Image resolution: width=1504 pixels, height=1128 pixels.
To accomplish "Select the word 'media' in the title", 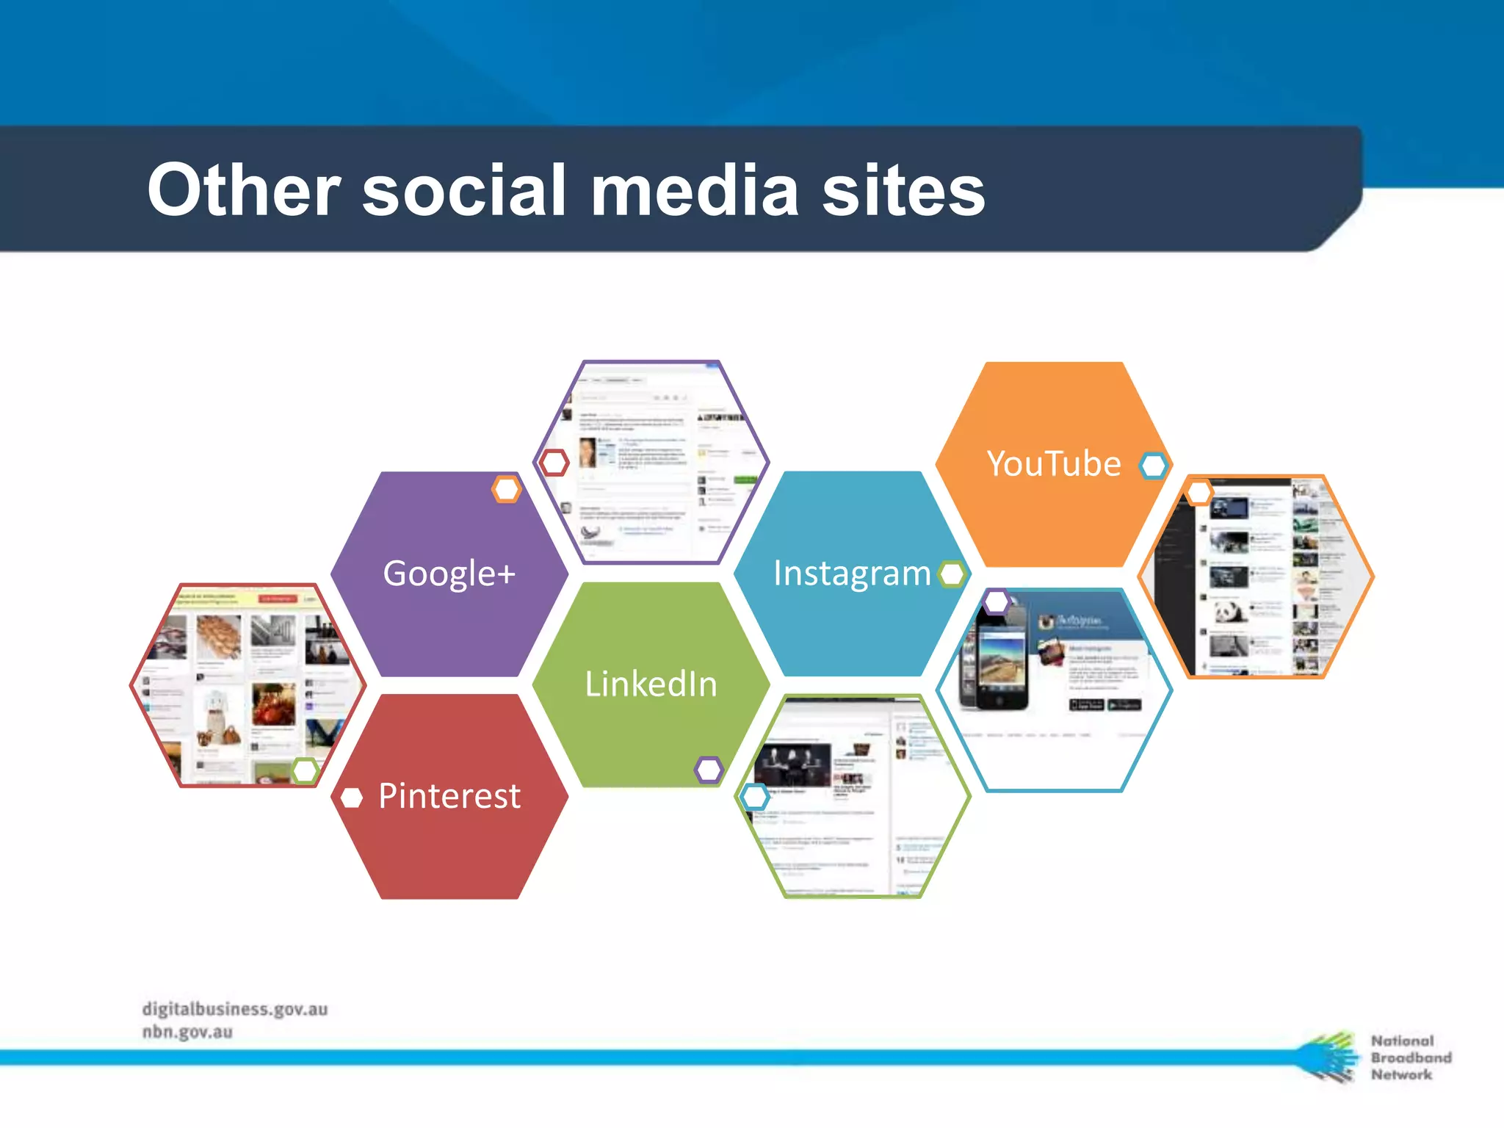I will coord(694,191).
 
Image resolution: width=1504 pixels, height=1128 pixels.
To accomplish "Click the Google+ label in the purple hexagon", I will coord(449,574).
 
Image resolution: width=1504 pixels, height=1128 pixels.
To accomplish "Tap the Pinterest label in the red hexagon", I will coord(449,796).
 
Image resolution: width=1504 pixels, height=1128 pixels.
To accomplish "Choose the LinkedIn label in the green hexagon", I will coord(651,684).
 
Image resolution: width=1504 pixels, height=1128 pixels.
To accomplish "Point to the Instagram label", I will coord(851,574).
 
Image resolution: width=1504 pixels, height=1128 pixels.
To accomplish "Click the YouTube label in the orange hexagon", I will coord(1053,464).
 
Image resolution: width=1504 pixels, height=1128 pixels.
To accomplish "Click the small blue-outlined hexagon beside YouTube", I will coord(1153,465).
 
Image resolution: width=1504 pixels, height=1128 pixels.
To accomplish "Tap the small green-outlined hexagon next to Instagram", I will coord(952,574).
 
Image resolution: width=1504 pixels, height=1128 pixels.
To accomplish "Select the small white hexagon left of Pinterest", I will coord(352,798).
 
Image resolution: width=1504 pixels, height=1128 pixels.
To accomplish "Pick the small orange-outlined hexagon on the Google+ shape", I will coord(507,489).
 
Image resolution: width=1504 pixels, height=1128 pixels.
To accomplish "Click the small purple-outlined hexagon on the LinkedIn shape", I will coord(709,770).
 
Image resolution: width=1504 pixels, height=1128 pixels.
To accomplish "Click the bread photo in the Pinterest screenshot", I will coord(219,636).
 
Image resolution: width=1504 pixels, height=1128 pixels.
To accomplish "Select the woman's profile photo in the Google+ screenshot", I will coord(587,452).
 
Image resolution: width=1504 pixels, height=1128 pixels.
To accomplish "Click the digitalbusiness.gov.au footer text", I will coord(235,1009).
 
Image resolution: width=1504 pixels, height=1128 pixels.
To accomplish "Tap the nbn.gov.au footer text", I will coord(187,1032).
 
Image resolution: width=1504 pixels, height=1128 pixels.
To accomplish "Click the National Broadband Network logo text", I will coord(1409,1057).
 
